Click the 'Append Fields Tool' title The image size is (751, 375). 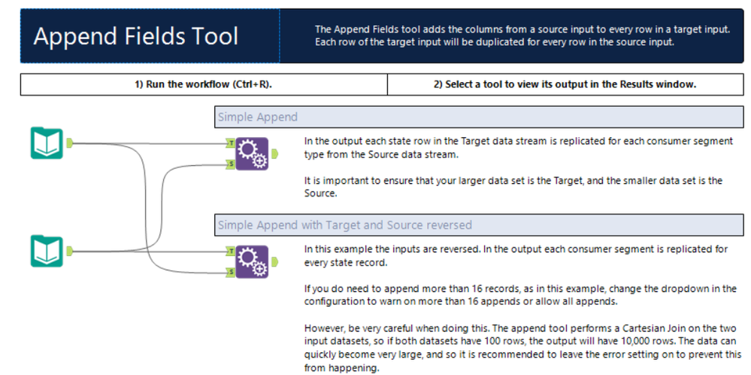click(x=136, y=36)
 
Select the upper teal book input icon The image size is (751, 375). click(x=47, y=143)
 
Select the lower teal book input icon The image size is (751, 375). click(x=47, y=251)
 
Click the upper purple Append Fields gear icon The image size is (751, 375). click(x=252, y=154)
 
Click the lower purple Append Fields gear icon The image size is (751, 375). click(x=252, y=262)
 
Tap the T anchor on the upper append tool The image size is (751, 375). click(x=231, y=143)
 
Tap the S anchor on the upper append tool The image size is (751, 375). click(x=231, y=164)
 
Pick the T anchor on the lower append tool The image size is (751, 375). click(x=231, y=251)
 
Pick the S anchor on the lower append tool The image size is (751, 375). click(x=231, y=273)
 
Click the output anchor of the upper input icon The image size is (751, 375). click(x=69, y=143)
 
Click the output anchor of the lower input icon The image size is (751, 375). click(x=69, y=251)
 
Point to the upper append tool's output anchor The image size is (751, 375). click(x=274, y=154)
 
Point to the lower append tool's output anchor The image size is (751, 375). click(x=274, y=262)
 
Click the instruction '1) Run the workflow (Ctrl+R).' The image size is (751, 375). click(x=204, y=84)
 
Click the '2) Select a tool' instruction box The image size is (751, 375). click(x=565, y=84)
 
